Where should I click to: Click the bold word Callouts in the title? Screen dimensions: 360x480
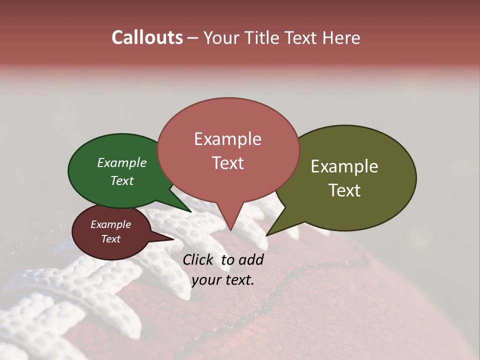point(147,37)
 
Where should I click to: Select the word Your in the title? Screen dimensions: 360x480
point(217,38)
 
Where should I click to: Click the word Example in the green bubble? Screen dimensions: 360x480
point(121,163)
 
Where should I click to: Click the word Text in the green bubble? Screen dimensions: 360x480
point(121,180)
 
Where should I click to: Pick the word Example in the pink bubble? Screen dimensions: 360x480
point(227,139)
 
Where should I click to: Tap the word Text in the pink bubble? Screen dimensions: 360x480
point(227,163)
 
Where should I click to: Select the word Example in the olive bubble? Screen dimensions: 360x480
point(344,166)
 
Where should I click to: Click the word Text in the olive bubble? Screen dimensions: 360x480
point(344,190)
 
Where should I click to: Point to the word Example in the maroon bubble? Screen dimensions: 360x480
point(110,224)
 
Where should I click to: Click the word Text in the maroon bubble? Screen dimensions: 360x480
point(110,239)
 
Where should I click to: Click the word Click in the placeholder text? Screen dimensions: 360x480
point(198,259)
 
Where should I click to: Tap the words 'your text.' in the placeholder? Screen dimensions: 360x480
point(222,280)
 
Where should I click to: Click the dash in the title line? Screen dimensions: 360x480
point(193,38)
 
